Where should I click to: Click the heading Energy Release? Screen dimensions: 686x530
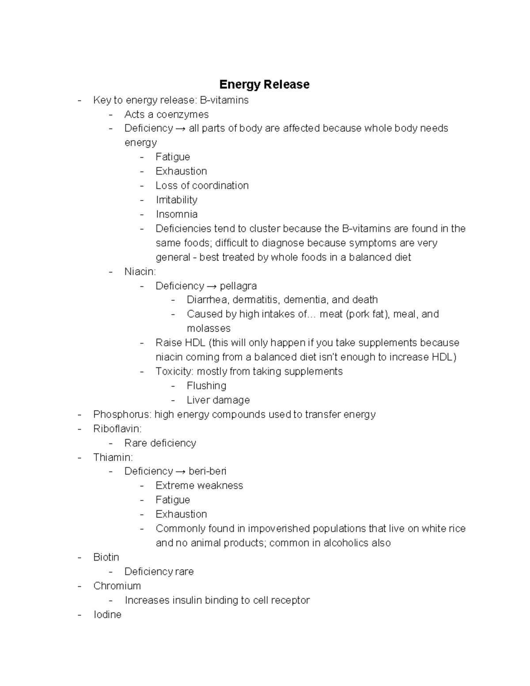(264, 84)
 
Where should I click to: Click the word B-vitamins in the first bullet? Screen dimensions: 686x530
(224, 100)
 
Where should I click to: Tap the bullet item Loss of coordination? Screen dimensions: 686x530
(202, 186)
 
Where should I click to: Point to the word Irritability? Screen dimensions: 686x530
(176, 200)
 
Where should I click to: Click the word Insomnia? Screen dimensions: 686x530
(176, 214)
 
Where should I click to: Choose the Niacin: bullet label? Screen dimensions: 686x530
(140, 271)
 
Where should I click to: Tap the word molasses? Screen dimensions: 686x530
(208, 328)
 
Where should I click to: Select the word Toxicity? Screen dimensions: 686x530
(174, 371)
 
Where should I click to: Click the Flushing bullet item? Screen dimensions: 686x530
(206, 386)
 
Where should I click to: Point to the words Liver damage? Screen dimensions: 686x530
(218, 400)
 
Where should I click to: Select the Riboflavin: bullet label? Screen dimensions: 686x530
(117, 428)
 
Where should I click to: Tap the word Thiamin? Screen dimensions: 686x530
(112, 457)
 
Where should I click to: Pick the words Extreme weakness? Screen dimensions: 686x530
(199, 485)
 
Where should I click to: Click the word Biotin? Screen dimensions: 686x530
(106, 557)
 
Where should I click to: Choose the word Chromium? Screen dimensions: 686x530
(117, 586)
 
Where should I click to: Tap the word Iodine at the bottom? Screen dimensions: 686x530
(107, 614)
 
